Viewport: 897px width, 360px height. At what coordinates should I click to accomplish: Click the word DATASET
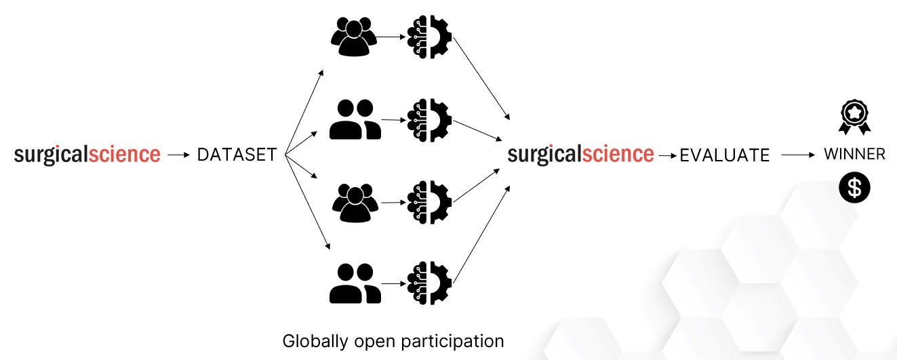(x=237, y=155)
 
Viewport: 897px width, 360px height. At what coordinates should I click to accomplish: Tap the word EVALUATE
(x=725, y=155)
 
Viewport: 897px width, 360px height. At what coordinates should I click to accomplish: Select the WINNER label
(x=854, y=154)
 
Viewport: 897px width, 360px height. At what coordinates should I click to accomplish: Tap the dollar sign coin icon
(x=854, y=188)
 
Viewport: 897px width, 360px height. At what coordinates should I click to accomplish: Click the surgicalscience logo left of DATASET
(x=87, y=155)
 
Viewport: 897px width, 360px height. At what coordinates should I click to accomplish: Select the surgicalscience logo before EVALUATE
(x=581, y=155)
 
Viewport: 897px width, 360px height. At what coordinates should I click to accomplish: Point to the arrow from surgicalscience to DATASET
(x=178, y=155)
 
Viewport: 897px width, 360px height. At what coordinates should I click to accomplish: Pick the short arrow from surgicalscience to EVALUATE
(x=668, y=155)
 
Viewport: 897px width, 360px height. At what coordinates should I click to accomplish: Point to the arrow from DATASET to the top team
(x=304, y=111)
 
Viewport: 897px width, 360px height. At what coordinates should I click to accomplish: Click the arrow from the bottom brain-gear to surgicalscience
(x=481, y=235)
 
